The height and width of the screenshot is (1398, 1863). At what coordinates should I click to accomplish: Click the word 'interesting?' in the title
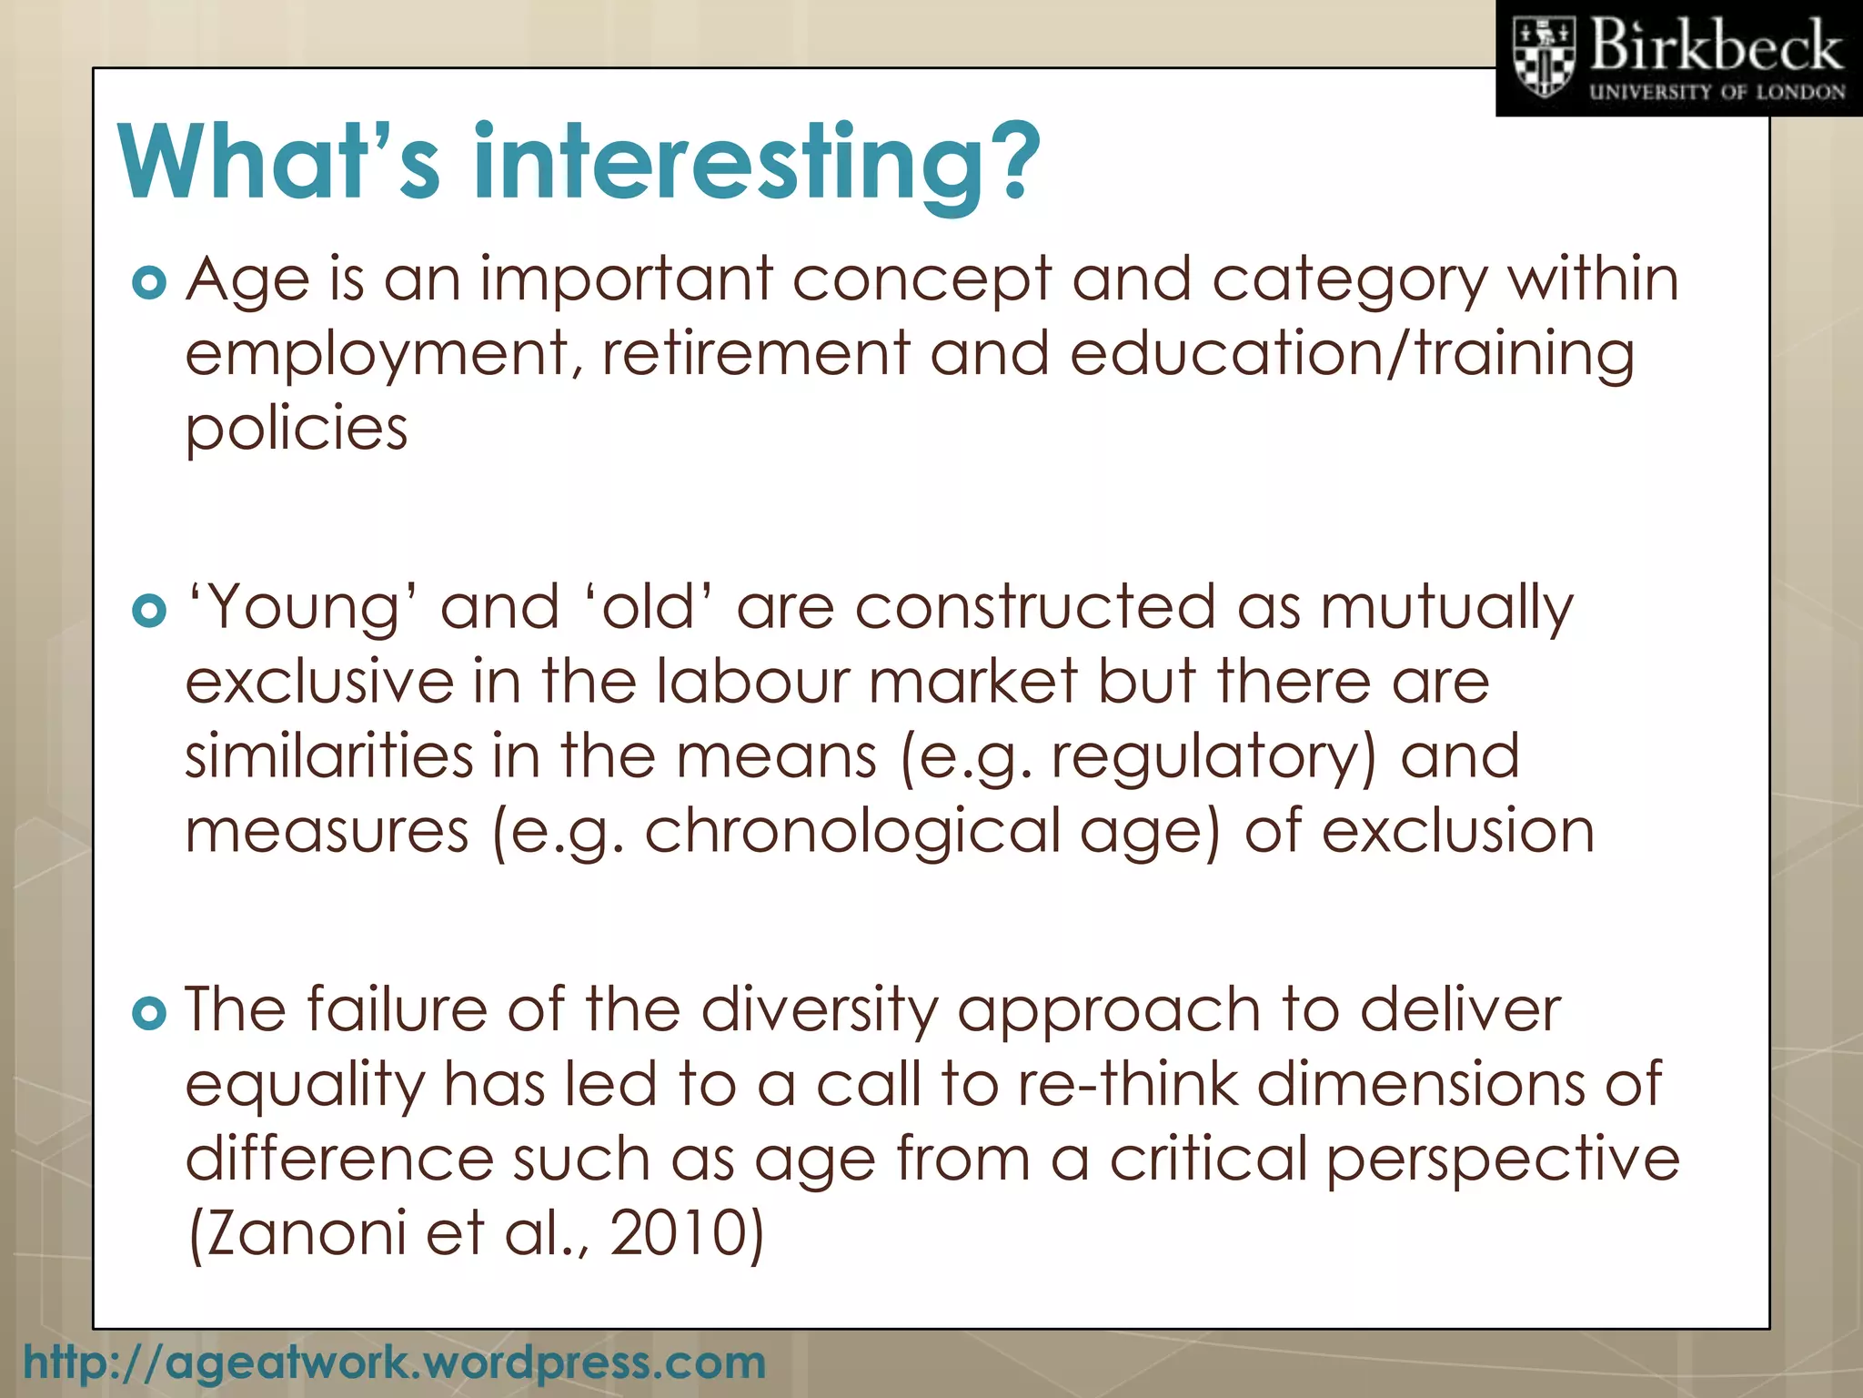(x=756, y=164)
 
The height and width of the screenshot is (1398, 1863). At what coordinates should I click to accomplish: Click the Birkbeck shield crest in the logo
(x=1543, y=57)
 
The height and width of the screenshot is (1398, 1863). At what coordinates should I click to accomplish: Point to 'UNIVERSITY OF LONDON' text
(x=1717, y=93)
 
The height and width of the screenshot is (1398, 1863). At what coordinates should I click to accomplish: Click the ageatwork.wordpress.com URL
(x=394, y=1363)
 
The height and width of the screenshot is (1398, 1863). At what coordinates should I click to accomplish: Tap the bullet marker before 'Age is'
(x=149, y=283)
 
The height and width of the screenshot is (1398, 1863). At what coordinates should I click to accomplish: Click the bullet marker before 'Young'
(x=149, y=611)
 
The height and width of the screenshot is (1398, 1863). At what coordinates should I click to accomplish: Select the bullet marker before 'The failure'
(x=149, y=1013)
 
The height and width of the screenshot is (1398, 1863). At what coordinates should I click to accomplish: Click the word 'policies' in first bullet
(x=297, y=428)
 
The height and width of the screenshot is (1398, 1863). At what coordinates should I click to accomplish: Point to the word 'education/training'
(x=1352, y=355)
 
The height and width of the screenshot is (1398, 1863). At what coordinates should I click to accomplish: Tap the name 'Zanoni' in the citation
(x=297, y=1234)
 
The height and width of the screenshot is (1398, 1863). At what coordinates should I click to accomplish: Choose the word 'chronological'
(x=851, y=832)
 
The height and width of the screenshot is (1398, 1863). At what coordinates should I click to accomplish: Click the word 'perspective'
(x=1502, y=1160)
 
